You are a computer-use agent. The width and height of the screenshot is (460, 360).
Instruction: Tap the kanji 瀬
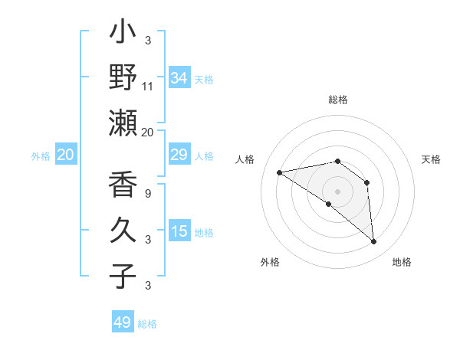click(123, 123)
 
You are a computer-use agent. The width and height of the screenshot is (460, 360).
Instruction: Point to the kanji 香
click(123, 186)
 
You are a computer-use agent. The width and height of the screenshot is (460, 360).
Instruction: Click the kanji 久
click(123, 230)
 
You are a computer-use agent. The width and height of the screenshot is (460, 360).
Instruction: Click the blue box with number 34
click(179, 78)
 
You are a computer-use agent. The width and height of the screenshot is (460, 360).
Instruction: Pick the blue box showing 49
click(123, 322)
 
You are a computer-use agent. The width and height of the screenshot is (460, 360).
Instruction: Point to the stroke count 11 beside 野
click(148, 87)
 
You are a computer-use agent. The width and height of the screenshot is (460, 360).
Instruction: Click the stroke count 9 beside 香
click(148, 194)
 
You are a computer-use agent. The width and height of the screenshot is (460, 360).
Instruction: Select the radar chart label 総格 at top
click(338, 100)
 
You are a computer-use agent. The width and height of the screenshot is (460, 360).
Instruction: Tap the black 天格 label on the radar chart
click(431, 159)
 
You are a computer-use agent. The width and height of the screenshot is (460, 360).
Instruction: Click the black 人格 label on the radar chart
click(245, 159)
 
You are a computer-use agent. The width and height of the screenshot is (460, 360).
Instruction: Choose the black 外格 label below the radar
click(270, 263)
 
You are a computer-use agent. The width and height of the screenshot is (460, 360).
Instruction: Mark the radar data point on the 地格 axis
click(374, 242)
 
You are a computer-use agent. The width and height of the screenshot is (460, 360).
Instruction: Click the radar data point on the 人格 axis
click(280, 172)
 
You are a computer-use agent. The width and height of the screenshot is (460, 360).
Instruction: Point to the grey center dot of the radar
click(337, 191)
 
